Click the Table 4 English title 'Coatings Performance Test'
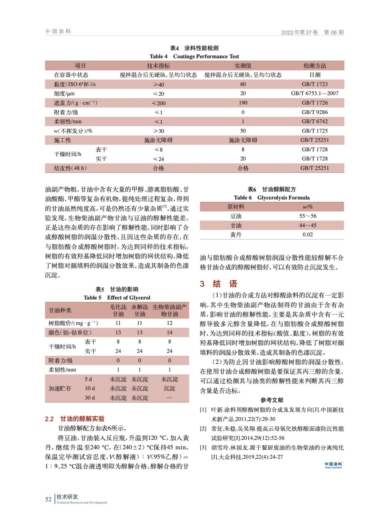[x=206, y=56]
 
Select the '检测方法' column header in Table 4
[x=315, y=66]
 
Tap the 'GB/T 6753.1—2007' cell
[x=315, y=93]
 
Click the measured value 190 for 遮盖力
[x=243, y=103]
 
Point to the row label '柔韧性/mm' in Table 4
[x=68, y=122]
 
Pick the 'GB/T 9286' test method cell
[x=315, y=112]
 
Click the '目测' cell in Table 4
[x=315, y=75]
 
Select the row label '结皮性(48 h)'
[x=70, y=168]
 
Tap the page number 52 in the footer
[x=49, y=499]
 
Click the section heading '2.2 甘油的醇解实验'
[x=75, y=419]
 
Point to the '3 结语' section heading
[x=219, y=284]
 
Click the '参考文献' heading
[x=272, y=400]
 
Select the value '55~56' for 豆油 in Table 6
[x=308, y=216]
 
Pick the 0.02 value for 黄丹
[x=308, y=234]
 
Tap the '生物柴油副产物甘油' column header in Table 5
[x=169, y=310]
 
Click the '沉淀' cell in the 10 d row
[x=169, y=388]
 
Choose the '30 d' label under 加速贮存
[x=90, y=398]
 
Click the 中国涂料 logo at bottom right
[x=333, y=465]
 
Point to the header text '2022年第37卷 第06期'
[x=312, y=32]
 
